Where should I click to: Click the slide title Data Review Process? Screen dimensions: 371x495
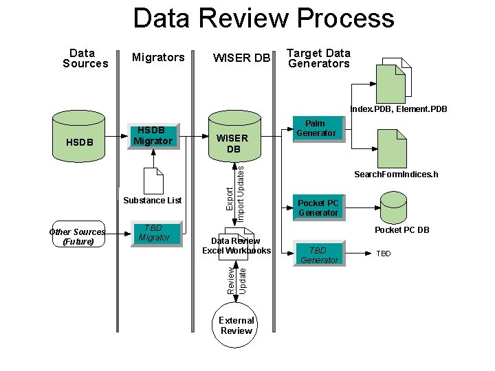263,19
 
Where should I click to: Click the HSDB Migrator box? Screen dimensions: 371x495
153,136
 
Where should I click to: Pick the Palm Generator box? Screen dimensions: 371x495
316,128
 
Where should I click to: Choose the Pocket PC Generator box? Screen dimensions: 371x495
318,207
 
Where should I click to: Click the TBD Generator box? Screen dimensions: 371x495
319,255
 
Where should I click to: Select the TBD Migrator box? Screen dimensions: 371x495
154,234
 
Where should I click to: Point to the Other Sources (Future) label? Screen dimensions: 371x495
77,237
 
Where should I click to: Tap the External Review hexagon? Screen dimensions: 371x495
236,326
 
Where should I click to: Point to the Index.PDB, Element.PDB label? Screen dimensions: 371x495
398,109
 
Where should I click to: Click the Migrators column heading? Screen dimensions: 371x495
158,58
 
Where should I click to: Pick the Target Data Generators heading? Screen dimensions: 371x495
318,58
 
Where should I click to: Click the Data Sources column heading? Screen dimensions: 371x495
85,58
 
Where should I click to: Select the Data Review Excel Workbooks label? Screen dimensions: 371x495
236,246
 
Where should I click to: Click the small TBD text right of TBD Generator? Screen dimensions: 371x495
383,254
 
